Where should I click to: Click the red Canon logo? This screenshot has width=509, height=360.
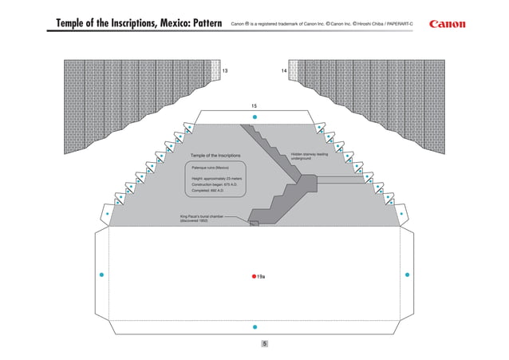453,23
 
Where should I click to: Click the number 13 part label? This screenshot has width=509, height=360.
225,71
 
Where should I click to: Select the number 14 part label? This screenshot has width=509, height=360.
284,71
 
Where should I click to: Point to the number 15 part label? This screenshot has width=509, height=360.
254,105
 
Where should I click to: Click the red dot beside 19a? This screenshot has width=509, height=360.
254,275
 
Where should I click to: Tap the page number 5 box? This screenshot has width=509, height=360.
264,343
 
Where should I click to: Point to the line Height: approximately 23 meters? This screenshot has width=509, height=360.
216,178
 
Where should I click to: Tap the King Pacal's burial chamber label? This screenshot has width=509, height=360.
199,218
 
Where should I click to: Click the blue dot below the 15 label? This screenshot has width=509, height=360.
254,117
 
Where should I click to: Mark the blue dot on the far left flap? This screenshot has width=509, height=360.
101,275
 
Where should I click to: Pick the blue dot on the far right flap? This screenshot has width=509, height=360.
407,275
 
